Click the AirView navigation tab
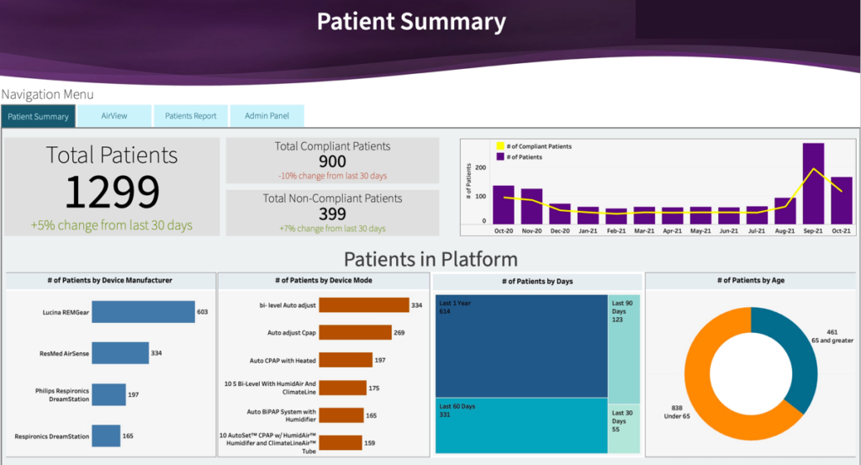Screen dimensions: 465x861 [x=114, y=116]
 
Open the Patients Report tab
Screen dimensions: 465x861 [x=191, y=116]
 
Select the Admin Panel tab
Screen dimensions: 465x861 [x=267, y=116]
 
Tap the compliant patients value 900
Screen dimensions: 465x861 [x=332, y=161]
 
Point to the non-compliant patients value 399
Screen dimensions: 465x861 [x=332, y=214]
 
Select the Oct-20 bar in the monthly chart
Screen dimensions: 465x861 [x=503, y=203]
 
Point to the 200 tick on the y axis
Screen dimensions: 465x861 [x=481, y=167]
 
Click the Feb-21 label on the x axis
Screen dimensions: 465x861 [x=616, y=230]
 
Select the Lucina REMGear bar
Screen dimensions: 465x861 [x=143, y=312]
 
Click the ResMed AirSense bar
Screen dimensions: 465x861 [x=119, y=353]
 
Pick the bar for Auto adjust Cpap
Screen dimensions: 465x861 [x=355, y=333]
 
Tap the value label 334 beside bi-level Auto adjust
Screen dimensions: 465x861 [x=416, y=305]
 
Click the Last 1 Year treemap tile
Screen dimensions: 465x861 [x=521, y=345]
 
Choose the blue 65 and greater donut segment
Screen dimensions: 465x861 [x=799, y=353]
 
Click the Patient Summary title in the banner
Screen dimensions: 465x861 [x=411, y=22]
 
